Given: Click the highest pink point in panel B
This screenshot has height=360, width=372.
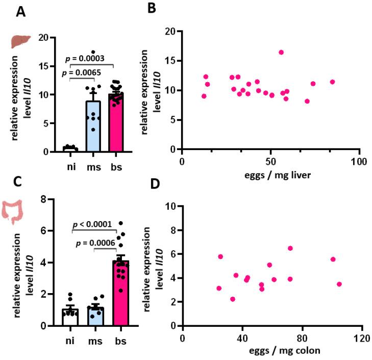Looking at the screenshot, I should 281,52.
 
